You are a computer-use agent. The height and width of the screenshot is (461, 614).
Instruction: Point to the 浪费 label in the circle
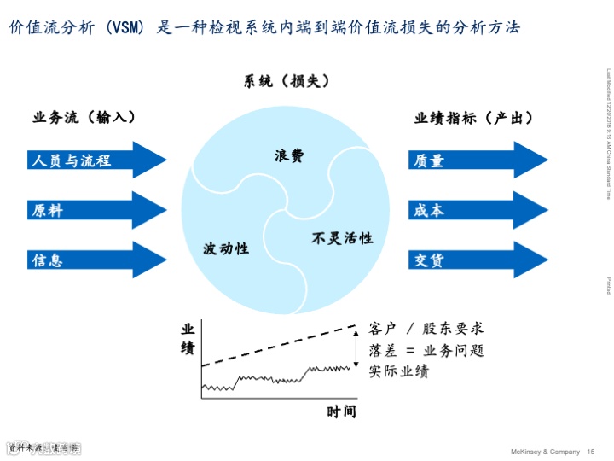tap(289, 156)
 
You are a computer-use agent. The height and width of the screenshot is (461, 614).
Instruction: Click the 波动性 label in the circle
tap(226, 248)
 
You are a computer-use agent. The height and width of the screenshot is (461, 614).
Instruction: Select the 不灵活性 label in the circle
tap(342, 238)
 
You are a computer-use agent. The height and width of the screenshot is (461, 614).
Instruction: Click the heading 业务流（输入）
tap(85, 118)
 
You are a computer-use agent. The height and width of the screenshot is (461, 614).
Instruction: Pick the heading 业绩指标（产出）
tap(474, 118)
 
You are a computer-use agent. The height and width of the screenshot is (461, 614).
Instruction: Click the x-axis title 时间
tap(341, 412)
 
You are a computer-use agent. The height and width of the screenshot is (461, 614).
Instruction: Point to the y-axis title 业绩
tap(188, 337)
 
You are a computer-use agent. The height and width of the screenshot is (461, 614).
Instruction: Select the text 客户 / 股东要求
tap(426, 328)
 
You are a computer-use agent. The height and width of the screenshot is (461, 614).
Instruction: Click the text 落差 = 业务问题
tap(426, 350)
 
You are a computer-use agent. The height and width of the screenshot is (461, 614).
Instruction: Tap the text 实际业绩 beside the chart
tap(399, 371)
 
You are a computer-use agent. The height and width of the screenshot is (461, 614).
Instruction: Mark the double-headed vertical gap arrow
tap(356, 346)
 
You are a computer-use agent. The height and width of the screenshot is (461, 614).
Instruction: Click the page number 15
tap(591, 452)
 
